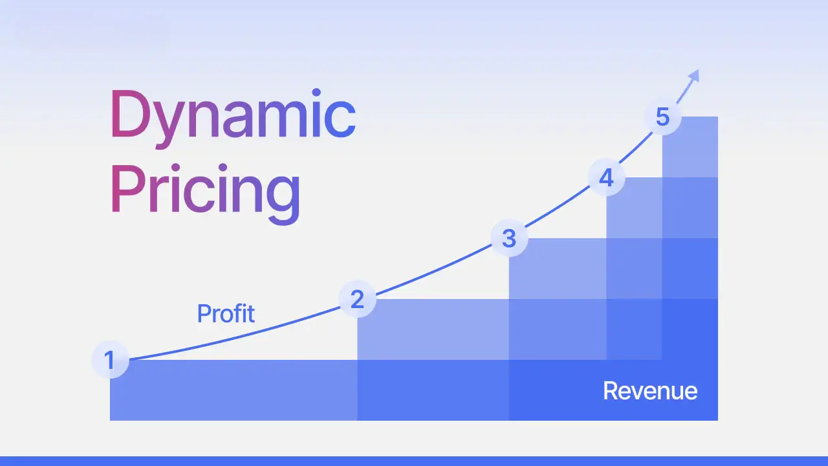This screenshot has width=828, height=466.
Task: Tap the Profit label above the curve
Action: click(226, 313)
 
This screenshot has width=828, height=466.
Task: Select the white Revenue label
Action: click(650, 391)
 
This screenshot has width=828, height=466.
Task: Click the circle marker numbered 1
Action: click(110, 360)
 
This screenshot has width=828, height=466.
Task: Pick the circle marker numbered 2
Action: click(357, 299)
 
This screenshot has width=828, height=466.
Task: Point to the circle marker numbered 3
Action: click(509, 238)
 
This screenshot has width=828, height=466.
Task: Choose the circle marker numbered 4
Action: click(606, 177)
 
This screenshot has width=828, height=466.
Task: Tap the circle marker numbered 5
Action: click(662, 117)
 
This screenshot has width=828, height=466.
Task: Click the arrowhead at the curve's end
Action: click(694, 76)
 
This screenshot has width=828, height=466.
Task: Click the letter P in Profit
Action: click(203, 313)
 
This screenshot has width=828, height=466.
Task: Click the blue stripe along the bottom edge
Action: click(414, 461)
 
